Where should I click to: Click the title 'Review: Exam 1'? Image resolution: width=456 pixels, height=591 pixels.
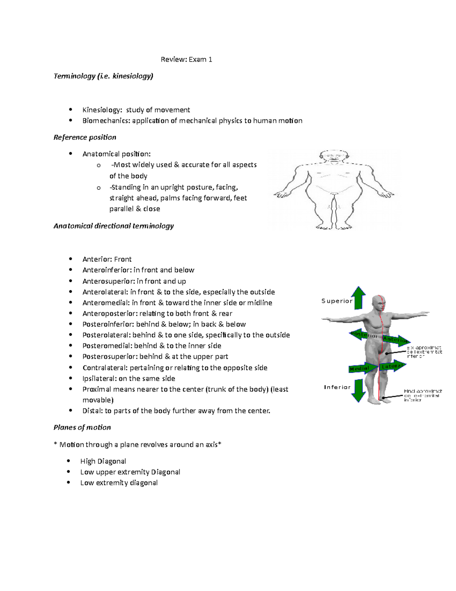point(186,59)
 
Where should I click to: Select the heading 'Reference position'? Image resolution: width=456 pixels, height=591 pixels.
point(85,137)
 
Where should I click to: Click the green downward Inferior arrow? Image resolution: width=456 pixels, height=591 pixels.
point(358,390)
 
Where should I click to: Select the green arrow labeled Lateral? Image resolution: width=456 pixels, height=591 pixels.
point(393,366)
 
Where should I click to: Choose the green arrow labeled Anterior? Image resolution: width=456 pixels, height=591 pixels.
point(396,340)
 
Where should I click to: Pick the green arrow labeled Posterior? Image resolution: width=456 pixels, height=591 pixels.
point(363,335)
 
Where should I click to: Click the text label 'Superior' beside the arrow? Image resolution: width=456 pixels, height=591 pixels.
point(337,301)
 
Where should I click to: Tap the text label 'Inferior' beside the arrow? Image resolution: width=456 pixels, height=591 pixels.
point(337,387)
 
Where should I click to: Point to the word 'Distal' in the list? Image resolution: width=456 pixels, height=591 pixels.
point(92,411)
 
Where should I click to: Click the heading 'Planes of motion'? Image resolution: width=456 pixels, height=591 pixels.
point(82,427)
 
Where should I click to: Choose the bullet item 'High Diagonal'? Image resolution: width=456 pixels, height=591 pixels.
point(103,461)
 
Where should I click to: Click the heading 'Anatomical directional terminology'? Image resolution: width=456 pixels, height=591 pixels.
point(114,226)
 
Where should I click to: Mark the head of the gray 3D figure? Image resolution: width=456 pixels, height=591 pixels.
point(379,304)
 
